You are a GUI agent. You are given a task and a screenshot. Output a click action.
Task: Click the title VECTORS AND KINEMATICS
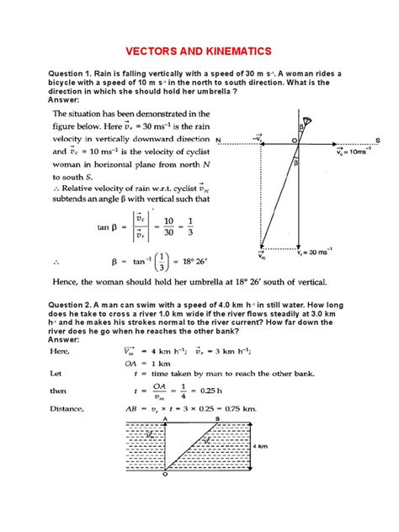pos(199,50)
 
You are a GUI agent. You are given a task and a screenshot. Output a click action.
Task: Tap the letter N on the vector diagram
pos(218,140)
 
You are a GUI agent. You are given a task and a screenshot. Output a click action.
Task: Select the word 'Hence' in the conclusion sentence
pos(70,283)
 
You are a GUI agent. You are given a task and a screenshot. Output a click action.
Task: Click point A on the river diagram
pos(165,418)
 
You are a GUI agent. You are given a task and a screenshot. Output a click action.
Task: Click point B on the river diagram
pos(219,418)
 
